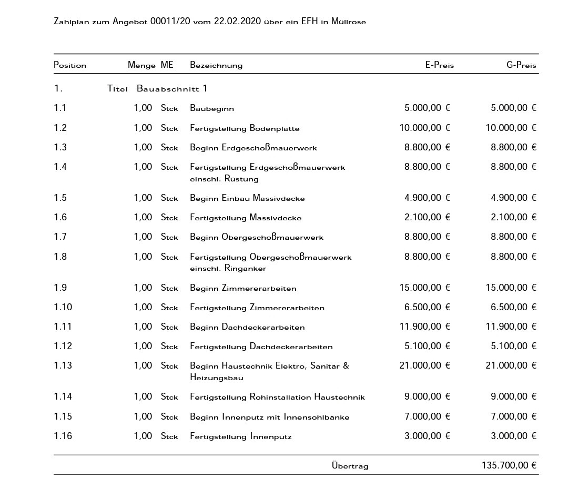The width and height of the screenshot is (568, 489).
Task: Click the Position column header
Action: pos(70,65)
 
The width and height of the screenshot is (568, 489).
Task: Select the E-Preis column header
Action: pos(439,65)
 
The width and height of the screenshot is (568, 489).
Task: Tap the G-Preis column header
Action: pos(521,65)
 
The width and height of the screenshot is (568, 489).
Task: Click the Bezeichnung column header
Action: pos(216,65)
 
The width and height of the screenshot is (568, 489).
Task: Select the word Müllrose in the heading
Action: pos(349,22)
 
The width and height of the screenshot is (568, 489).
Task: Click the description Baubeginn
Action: pos(212,108)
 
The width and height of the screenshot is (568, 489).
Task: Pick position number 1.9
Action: pos(60,288)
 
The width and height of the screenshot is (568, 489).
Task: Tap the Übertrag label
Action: pos(350,466)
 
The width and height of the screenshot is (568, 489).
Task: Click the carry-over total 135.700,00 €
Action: pos(509,465)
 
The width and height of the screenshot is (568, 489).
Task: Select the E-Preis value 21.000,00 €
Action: pos(424,365)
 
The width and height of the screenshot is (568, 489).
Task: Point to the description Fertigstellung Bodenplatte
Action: pos(245,128)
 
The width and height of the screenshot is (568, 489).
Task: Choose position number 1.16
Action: pos(63,436)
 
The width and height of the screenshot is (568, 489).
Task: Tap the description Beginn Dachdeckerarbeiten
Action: pos(247,327)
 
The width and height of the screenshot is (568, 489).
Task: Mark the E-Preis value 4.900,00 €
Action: pos(427,198)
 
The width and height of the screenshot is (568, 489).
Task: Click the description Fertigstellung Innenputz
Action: pos(240,436)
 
